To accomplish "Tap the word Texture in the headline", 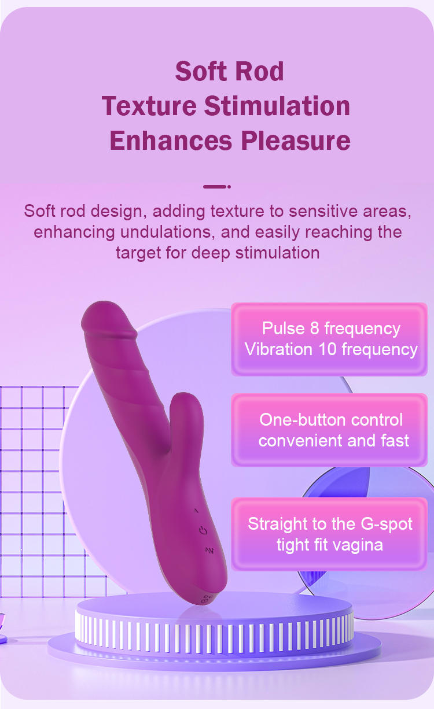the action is (x=149, y=106).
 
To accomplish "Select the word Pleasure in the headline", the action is (x=296, y=141).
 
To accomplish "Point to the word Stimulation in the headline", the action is (x=277, y=106).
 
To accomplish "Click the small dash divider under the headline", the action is (x=216, y=187).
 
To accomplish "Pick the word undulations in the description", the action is (x=165, y=232).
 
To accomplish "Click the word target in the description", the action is (x=138, y=253).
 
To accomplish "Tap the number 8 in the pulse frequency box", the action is (x=314, y=328).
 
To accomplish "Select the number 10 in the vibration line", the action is (x=328, y=349).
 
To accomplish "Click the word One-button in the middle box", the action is (x=303, y=420).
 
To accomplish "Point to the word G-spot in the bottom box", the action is (x=387, y=524).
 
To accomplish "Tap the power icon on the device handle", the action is (x=203, y=530).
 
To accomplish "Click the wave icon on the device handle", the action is (x=209, y=551).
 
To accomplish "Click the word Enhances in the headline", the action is (x=171, y=141).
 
